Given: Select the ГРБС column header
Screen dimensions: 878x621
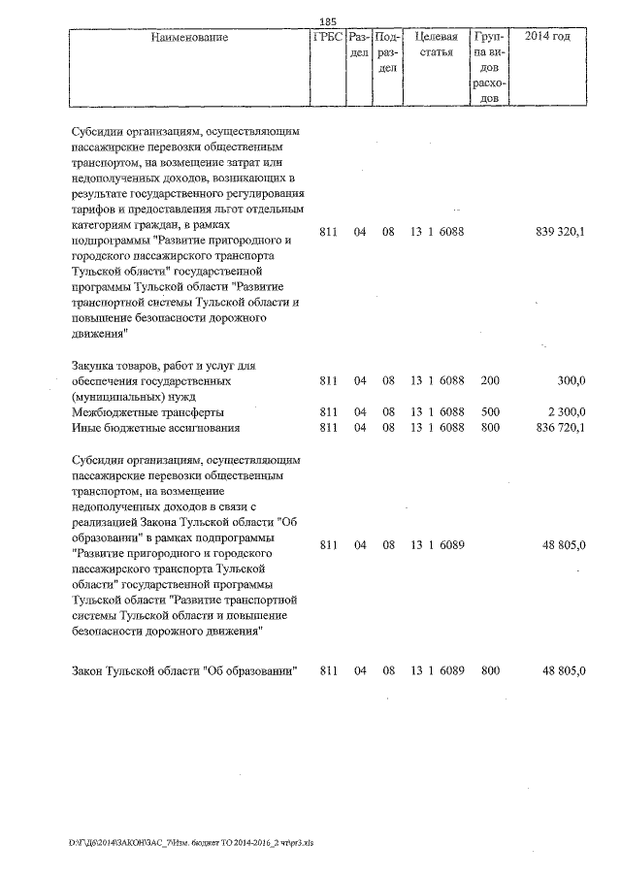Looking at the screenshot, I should pyautogui.click(x=327, y=38).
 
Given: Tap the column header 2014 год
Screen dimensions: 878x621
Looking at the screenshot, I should pyautogui.click(x=547, y=38).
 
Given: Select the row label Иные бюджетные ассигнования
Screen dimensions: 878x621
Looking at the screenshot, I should pyautogui.click(x=155, y=427).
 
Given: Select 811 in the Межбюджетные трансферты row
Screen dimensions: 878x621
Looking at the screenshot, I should pyautogui.click(x=327, y=412).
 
